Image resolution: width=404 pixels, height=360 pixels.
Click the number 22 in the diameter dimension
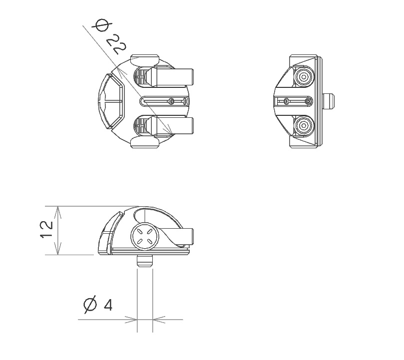tap(117, 44)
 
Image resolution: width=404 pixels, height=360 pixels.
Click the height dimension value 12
tap(46, 229)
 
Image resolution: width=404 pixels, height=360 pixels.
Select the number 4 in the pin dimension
tap(108, 306)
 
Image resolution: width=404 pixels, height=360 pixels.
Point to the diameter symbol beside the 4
tap(90, 305)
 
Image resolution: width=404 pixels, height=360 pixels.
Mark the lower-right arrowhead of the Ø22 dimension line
tap(169, 130)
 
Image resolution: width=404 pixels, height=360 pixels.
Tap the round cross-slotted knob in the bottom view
tap(144, 236)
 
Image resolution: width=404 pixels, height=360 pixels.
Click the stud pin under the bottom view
tap(145, 261)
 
